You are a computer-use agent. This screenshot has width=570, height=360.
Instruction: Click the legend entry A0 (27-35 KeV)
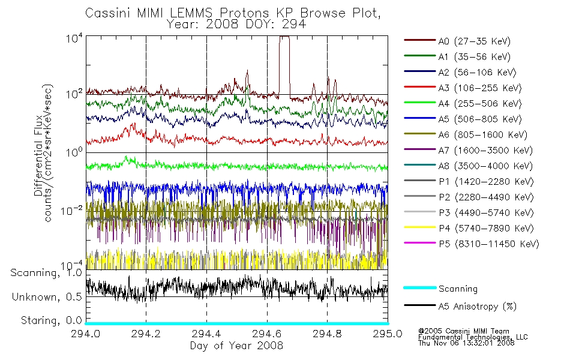coord(474,41)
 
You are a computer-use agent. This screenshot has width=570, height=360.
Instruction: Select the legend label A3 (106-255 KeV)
coord(479,88)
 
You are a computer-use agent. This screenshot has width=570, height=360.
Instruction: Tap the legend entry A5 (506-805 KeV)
coord(479,119)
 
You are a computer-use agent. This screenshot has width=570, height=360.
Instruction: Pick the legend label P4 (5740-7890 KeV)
coord(486,229)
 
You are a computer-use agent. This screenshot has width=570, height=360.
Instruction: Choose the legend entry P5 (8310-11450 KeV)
coord(488,244)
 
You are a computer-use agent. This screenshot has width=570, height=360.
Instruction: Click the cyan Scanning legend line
coord(419,287)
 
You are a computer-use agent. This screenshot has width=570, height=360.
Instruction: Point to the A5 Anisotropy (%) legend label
coord(478,307)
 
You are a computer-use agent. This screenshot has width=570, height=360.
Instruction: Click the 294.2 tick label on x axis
coord(146,334)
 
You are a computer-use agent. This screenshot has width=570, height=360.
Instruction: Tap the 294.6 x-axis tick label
coord(267,334)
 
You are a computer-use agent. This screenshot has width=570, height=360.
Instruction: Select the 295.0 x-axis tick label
coord(388,334)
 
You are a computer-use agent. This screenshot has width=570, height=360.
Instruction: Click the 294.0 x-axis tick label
coord(85,334)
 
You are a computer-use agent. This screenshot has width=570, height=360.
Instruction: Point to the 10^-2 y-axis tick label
coord(71,210)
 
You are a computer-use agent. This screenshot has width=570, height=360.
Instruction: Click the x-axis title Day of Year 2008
coord(236,346)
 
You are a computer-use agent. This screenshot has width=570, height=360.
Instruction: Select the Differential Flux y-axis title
coord(38,155)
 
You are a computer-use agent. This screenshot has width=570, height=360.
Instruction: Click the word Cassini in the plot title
coord(108,13)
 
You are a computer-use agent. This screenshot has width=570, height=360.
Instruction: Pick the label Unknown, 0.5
coord(47,297)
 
